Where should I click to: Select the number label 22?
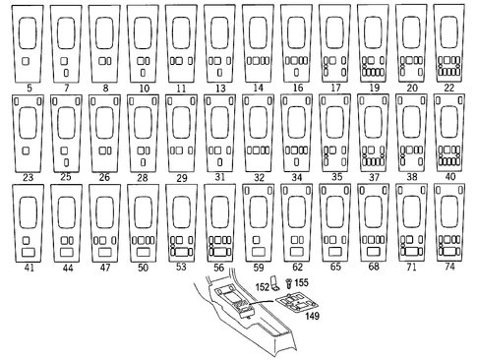[448, 89]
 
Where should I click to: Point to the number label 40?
[448, 178]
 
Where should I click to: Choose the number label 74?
[448, 267]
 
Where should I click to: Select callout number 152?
[263, 285]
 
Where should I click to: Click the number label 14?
[257, 89]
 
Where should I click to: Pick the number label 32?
[257, 178]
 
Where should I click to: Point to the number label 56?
[218, 267]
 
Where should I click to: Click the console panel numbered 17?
[334, 44]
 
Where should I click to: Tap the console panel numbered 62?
[295, 222]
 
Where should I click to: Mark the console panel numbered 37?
[372, 134]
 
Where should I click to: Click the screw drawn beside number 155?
[290, 283]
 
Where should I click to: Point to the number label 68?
[372, 267]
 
